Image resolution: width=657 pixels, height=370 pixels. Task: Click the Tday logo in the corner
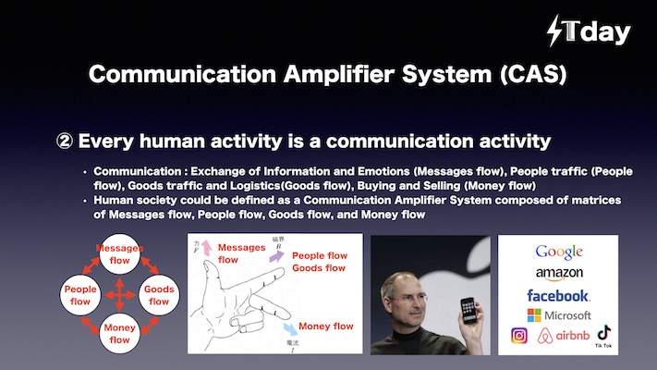(x=589, y=31)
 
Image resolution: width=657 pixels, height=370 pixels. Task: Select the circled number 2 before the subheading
(x=65, y=142)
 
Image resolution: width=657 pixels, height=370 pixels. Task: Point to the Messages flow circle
(x=119, y=253)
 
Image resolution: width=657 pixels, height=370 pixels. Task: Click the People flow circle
(x=80, y=295)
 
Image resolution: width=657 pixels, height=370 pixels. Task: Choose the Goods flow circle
(x=159, y=295)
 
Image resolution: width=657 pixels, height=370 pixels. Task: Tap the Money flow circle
(x=119, y=334)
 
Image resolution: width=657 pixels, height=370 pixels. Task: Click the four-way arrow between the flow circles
(x=119, y=295)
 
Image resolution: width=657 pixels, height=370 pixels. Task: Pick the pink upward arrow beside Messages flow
(x=206, y=248)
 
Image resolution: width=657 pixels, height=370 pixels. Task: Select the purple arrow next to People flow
(x=276, y=256)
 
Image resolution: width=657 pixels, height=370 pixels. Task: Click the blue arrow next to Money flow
(x=290, y=328)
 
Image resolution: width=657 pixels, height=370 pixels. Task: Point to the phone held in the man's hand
(x=468, y=311)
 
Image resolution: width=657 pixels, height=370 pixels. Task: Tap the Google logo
(x=558, y=253)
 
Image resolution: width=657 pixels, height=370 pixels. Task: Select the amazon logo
(x=559, y=274)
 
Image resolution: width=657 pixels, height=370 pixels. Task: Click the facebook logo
(x=558, y=296)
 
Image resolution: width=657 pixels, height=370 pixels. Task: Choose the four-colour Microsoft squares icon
(x=534, y=315)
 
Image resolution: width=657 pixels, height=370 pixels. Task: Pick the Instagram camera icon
(x=518, y=336)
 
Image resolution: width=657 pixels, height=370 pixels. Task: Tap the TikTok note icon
(x=603, y=333)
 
